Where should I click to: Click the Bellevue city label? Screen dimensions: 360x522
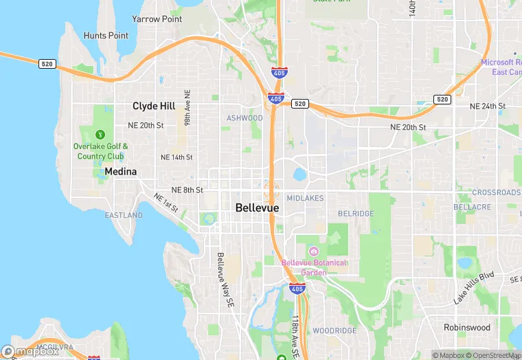point(257,207)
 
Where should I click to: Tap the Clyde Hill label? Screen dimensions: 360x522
point(154,106)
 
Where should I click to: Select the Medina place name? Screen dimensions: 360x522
point(121,171)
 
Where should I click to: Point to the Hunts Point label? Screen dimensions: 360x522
point(106,36)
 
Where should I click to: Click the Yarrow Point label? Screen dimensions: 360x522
point(157,19)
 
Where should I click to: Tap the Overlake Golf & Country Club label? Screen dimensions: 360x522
point(101,151)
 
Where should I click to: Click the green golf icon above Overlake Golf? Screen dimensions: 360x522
point(101,134)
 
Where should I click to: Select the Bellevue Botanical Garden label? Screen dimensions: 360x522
point(314,267)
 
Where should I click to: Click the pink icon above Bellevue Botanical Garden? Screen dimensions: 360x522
point(314,251)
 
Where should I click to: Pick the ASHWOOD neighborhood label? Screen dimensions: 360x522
point(245,118)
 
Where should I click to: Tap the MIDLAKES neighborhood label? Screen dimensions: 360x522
point(304,198)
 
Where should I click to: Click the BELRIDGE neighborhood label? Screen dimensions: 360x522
point(356,214)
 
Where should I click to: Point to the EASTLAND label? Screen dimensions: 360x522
point(124,215)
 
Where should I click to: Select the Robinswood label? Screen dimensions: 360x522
point(467,328)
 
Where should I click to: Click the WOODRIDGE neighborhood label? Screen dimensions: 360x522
point(334,330)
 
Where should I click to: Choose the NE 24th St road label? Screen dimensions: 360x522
point(487,106)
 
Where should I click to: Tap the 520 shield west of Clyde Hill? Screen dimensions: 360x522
point(47,63)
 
